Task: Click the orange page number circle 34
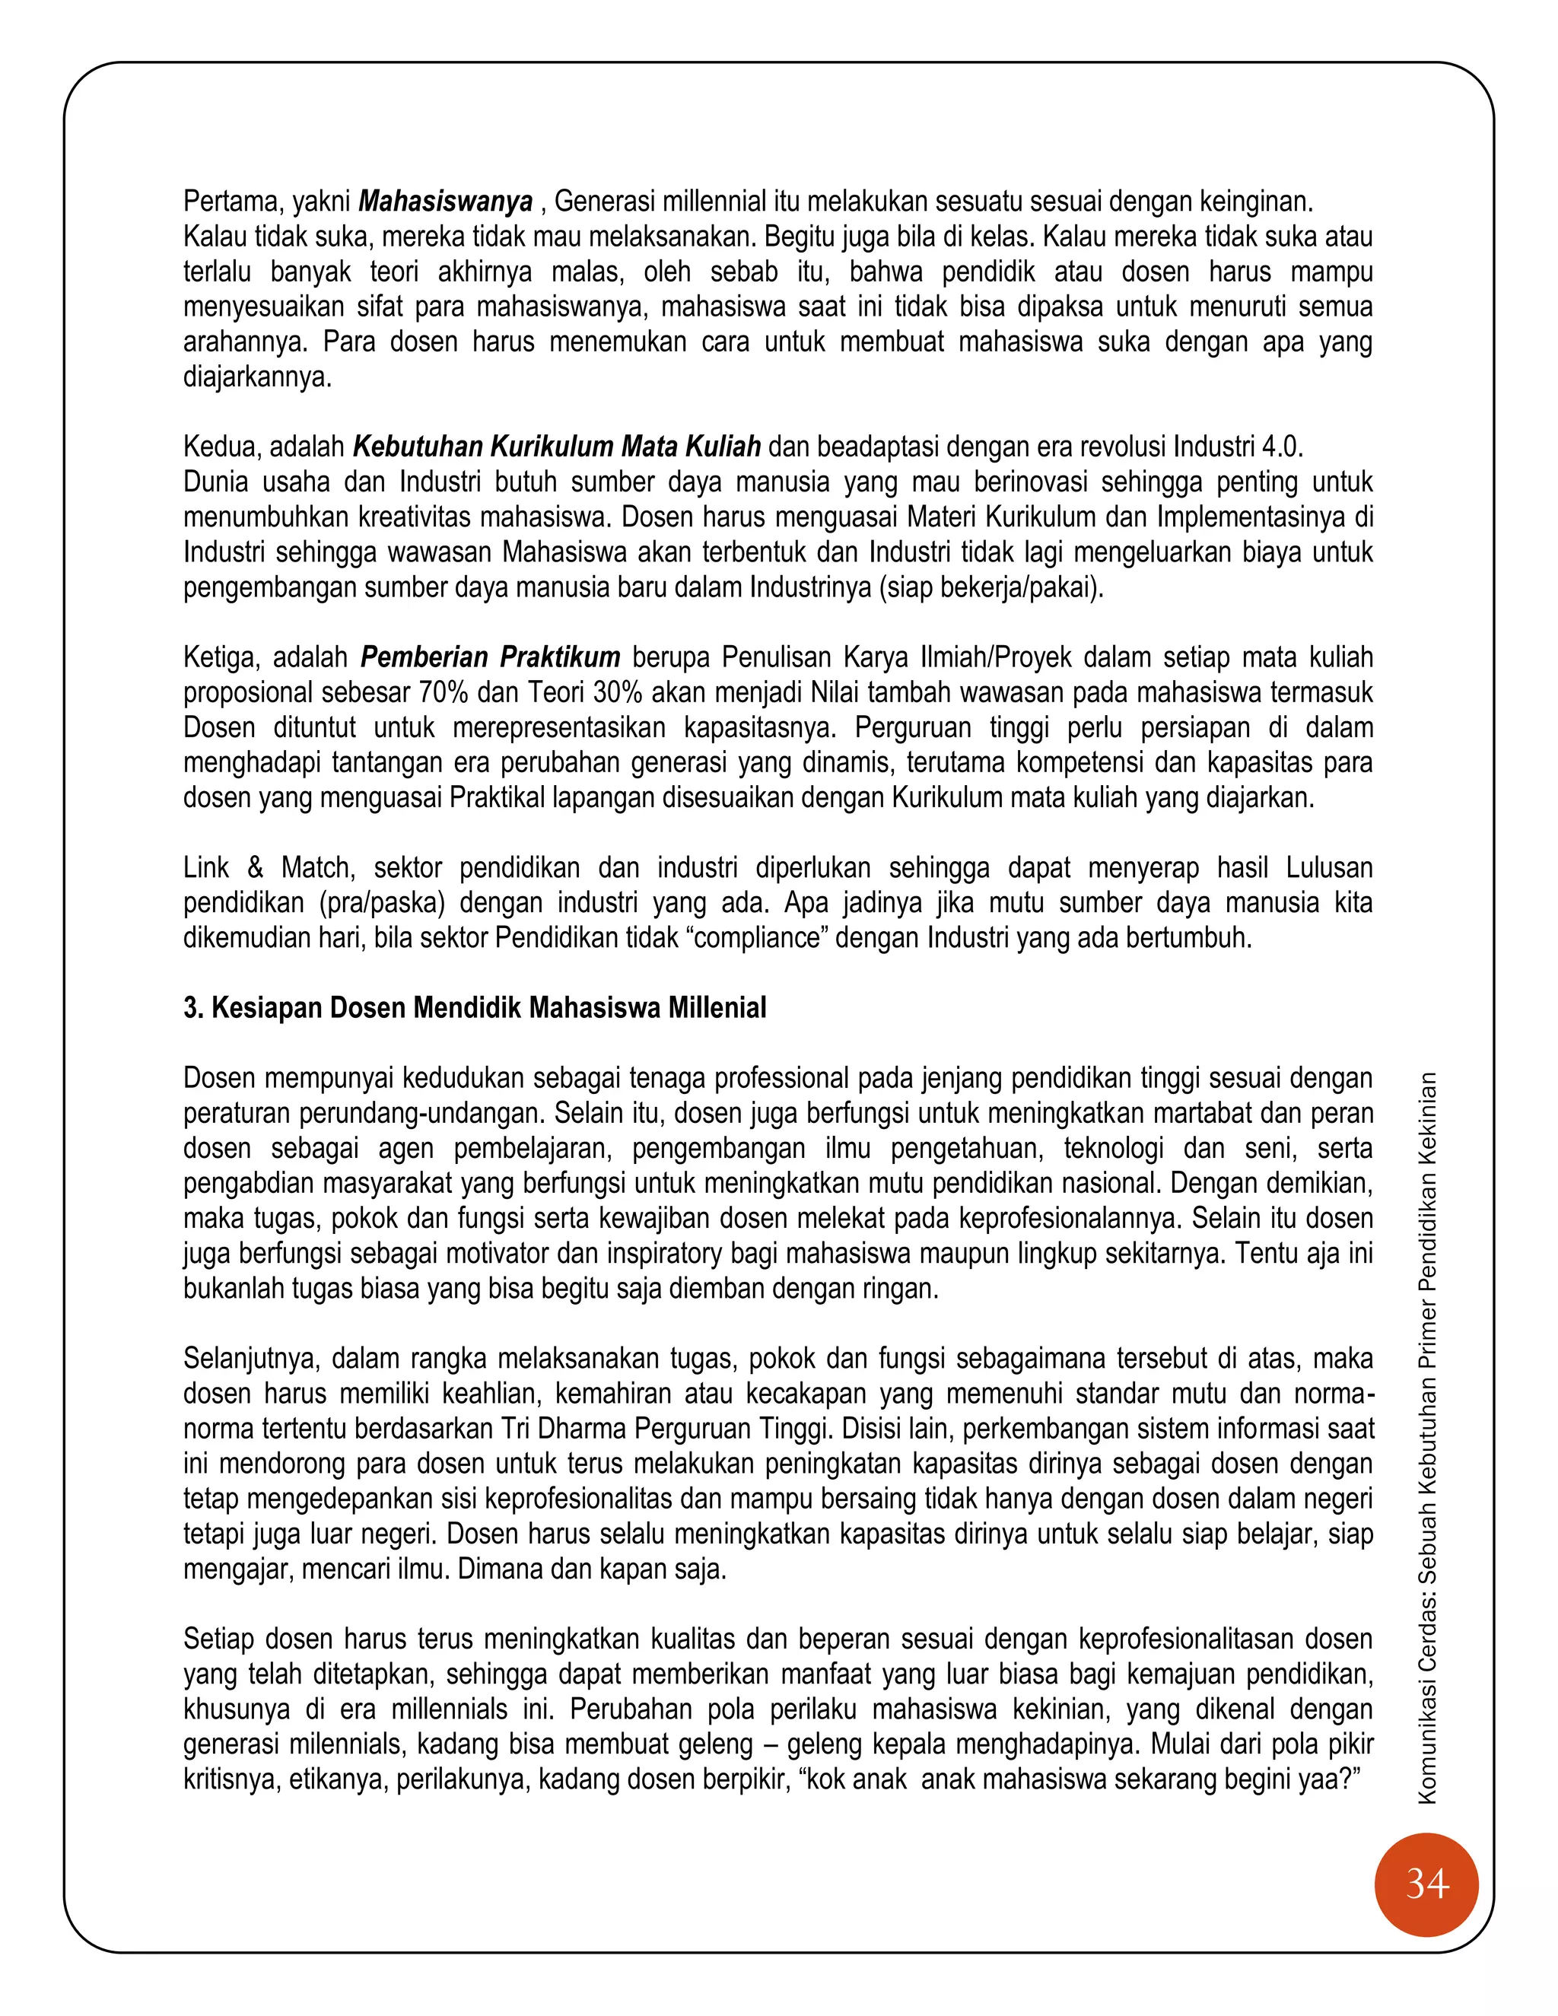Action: click(x=1426, y=1884)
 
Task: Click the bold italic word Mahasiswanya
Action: click(x=445, y=202)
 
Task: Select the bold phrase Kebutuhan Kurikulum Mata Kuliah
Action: click(x=557, y=447)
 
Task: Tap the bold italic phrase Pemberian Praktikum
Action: click(x=490, y=657)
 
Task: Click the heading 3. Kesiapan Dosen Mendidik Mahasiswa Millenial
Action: click(x=475, y=1007)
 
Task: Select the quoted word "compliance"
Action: click(x=757, y=938)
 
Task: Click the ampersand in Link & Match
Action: click(x=255, y=868)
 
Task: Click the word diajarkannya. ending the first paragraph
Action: click(x=256, y=377)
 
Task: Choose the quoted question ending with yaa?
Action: click(x=1085, y=1779)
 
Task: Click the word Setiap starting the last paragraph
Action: click(x=218, y=1639)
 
